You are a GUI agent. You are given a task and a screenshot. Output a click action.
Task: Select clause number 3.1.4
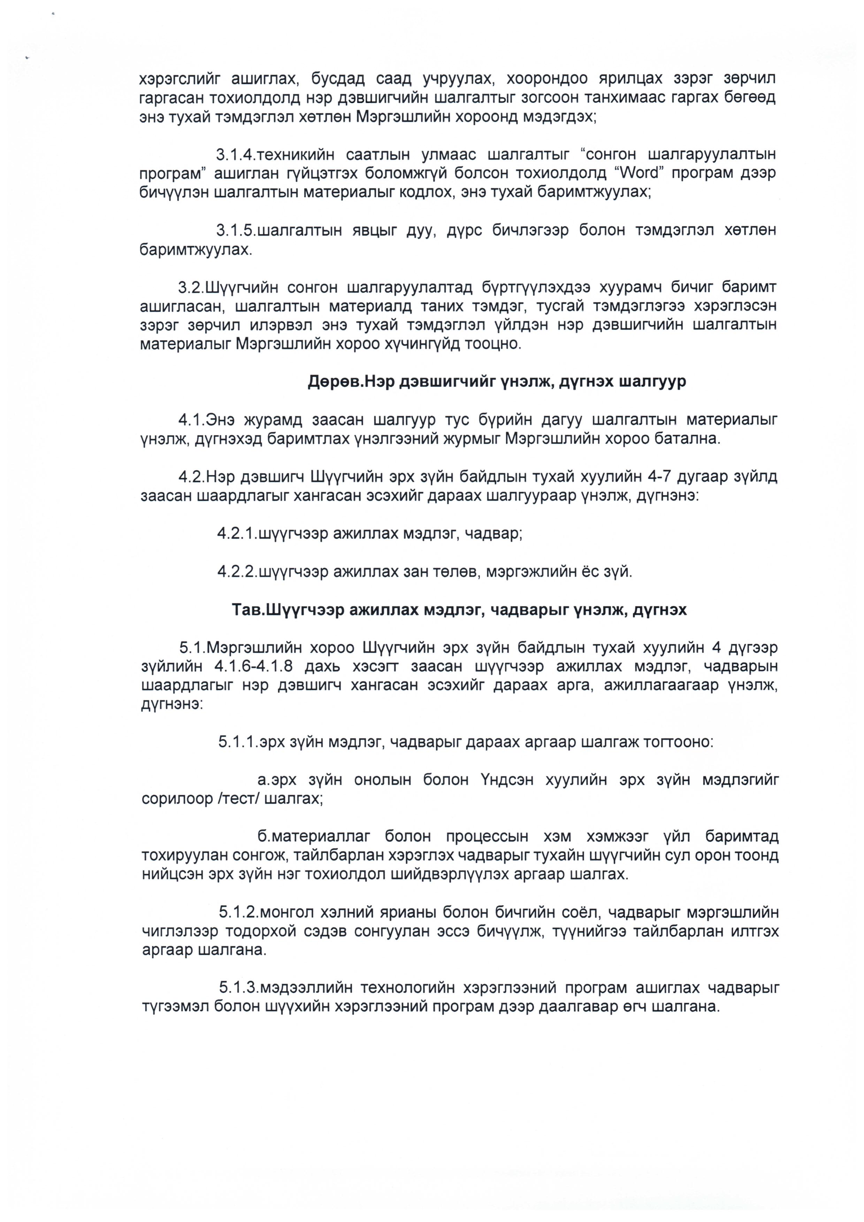pos(236,155)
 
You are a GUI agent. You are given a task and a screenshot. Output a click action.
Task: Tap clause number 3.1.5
pos(236,231)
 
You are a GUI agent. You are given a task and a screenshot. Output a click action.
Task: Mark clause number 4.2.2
pos(237,572)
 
